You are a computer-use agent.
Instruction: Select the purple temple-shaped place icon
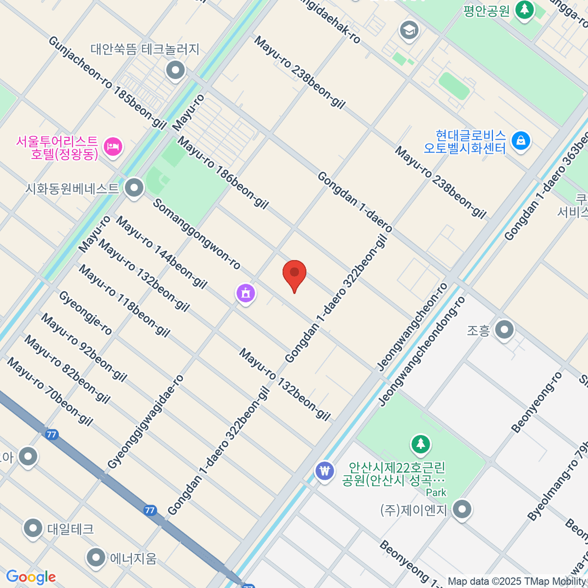[245, 294]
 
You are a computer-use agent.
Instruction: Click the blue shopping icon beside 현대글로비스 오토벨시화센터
[520, 141]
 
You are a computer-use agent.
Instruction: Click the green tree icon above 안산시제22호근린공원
[420, 444]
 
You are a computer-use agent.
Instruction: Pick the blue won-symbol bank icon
[324, 471]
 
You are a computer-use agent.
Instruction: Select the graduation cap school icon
[409, 30]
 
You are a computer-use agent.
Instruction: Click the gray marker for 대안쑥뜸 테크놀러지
[175, 71]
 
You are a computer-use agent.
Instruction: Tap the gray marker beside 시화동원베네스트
[134, 188]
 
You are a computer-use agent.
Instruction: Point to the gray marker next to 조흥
[504, 330]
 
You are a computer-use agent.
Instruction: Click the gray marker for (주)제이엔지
[462, 510]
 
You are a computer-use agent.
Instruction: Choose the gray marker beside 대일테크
[33, 529]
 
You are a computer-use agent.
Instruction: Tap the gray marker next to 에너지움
[96, 557]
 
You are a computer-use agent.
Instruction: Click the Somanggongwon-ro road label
[196, 234]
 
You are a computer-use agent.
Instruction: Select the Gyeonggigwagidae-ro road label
[146, 422]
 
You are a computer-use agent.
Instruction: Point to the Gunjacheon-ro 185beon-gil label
[107, 82]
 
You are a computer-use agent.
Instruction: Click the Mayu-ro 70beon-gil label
[49, 392]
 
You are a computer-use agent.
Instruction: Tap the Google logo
[31, 577]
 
